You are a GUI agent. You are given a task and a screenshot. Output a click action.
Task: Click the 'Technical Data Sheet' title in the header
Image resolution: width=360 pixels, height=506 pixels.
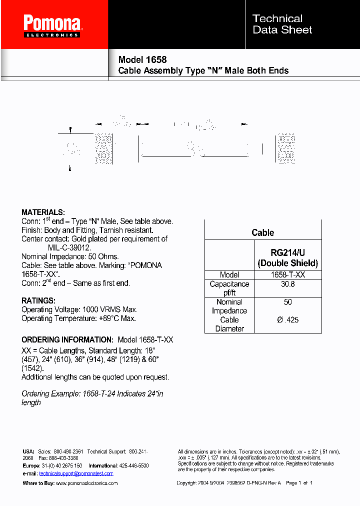(x=282, y=24)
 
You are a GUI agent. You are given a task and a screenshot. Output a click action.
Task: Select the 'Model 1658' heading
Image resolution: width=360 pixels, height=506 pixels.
(x=142, y=59)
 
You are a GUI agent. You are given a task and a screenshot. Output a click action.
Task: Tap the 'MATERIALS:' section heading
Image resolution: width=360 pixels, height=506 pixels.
(x=43, y=212)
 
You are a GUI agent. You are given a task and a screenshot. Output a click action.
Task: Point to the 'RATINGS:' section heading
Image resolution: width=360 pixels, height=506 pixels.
(x=38, y=301)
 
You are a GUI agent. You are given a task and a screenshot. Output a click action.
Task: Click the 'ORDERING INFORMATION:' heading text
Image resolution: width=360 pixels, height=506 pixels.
(x=67, y=339)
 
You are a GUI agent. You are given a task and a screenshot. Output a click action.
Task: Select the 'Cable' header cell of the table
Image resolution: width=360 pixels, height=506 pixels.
(x=263, y=232)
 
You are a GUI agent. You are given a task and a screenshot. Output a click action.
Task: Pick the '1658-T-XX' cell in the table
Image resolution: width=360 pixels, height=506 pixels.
(x=287, y=274)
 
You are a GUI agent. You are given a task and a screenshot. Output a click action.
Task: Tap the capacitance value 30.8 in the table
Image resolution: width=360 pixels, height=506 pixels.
(x=287, y=284)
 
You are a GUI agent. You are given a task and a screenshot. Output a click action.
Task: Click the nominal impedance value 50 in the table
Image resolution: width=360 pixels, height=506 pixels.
(x=287, y=302)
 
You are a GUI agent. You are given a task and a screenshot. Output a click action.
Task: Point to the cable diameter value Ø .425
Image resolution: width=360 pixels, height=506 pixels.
(x=287, y=319)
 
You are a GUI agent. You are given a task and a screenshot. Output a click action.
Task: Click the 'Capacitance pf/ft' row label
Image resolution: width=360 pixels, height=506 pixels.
(x=229, y=288)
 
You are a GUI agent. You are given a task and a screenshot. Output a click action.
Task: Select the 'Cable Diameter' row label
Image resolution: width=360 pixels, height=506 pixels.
(x=229, y=324)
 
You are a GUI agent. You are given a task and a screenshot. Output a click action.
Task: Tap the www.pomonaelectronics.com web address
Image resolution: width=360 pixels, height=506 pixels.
(x=86, y=483)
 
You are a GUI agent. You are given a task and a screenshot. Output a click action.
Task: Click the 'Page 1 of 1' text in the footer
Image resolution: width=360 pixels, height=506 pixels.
(x=298, y=483)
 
